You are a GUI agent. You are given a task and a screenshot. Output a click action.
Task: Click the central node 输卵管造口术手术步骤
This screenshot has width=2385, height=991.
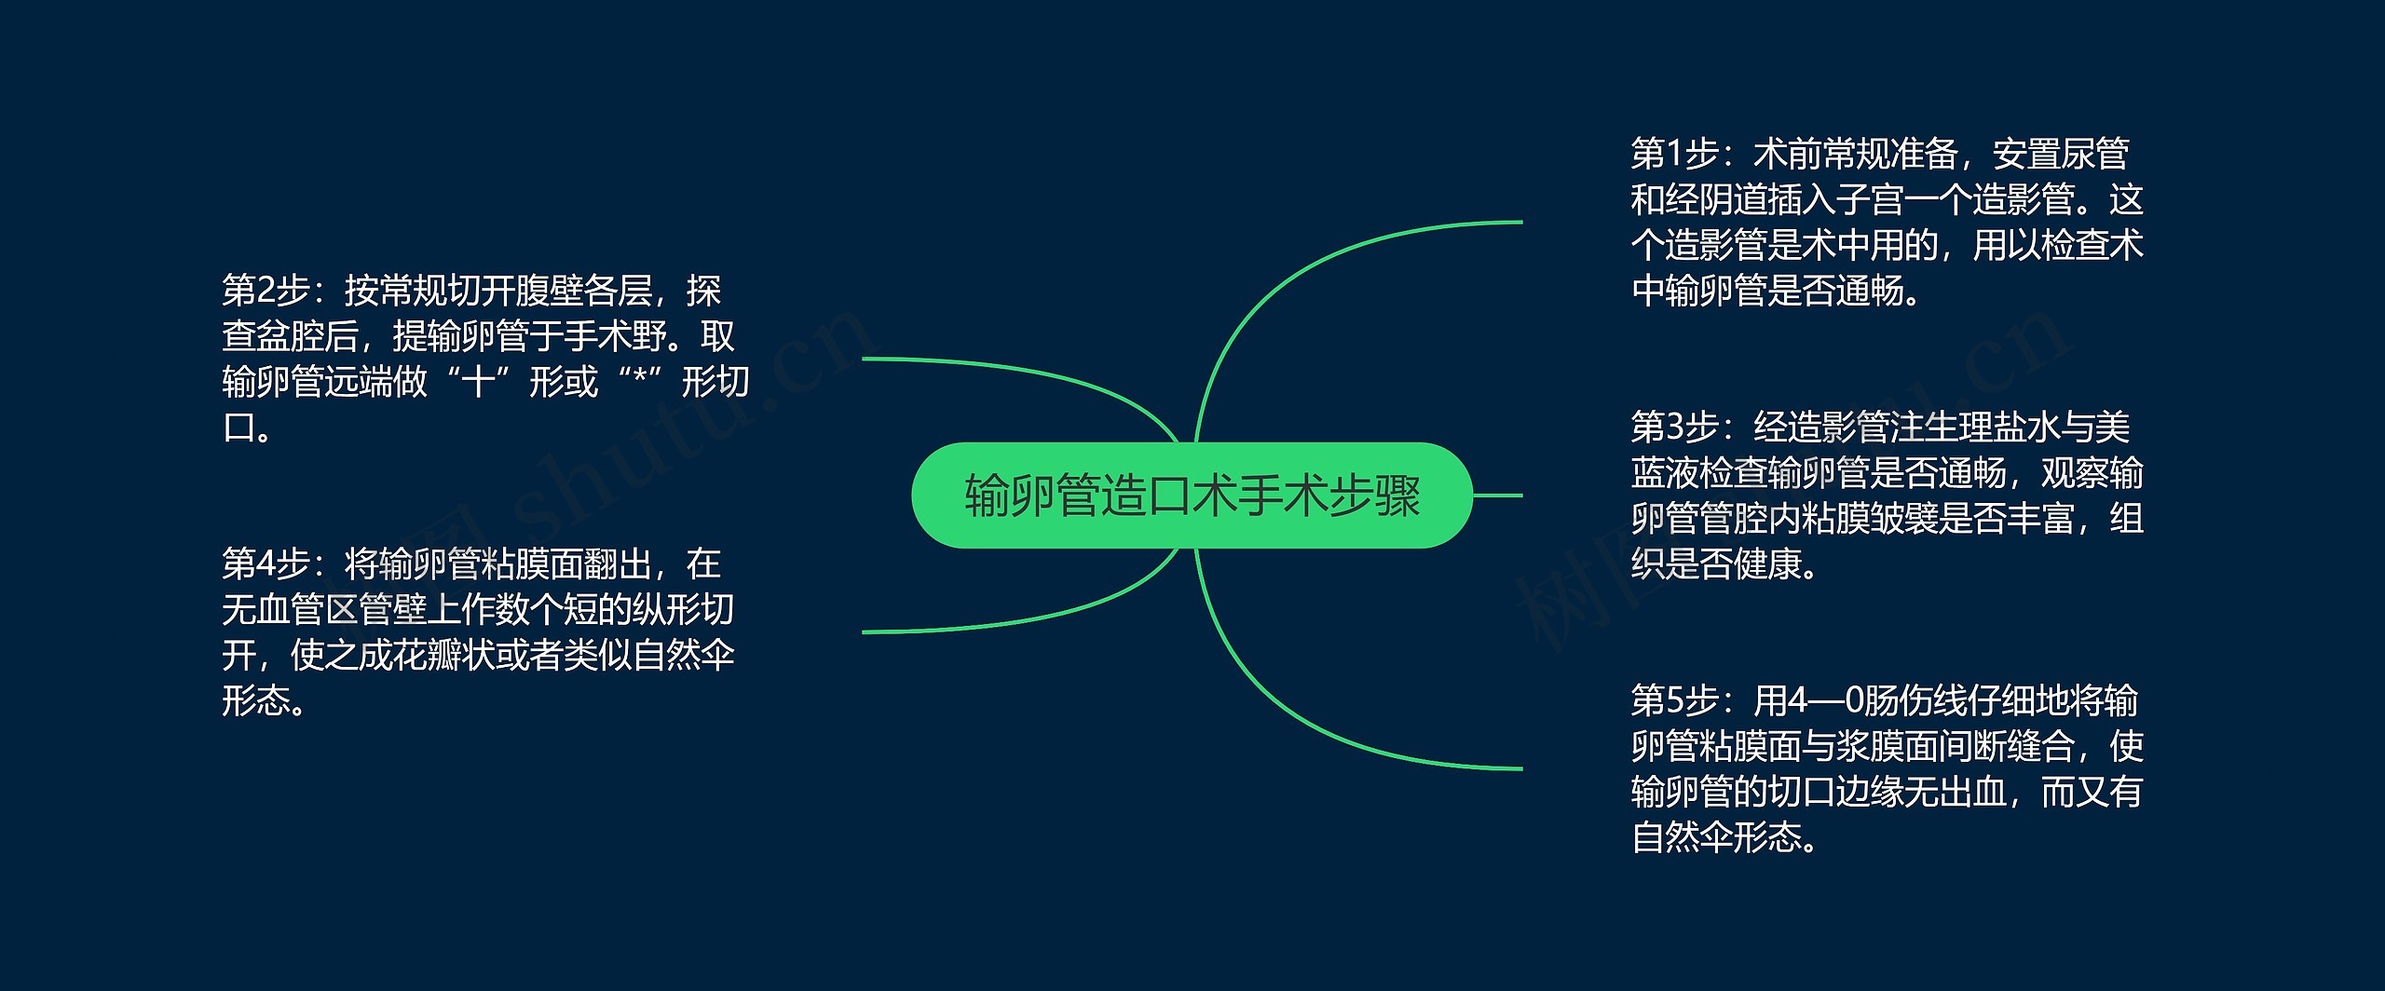[1192, 495]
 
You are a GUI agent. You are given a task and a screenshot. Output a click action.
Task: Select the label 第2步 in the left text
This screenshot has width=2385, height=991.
[265, 292]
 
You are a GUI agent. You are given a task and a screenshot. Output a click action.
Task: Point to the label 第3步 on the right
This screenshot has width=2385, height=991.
[1673, 428]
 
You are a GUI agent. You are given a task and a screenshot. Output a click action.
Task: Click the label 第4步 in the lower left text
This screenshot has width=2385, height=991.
[265, 564]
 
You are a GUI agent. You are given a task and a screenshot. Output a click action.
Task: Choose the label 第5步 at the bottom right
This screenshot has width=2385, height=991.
[1673, 700]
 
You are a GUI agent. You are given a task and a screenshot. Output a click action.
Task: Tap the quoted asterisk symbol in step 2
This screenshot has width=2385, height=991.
[639, 383]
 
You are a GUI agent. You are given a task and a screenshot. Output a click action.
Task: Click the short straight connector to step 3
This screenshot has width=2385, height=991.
[1497, 495]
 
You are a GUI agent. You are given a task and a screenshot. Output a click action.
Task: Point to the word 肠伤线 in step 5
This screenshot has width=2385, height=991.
[1897, 700]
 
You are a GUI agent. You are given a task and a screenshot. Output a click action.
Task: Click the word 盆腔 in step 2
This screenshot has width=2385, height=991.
[290, 337]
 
